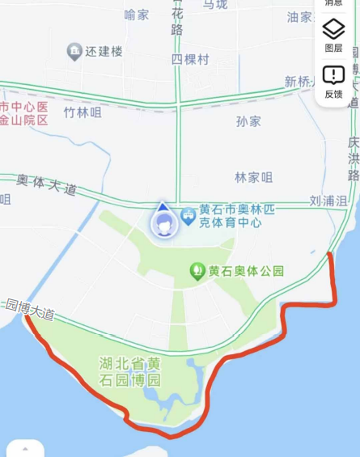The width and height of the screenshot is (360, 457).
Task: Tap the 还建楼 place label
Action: (x=106, y=51)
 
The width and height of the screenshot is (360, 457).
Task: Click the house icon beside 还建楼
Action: (x=74, y=51)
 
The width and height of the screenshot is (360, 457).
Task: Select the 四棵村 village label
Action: (x=191, y=60)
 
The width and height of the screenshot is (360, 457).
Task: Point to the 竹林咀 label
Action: (x=83, y=112)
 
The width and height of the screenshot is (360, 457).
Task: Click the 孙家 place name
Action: (x=248, y=121)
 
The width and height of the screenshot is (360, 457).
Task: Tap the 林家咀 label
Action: (x=253, y=177)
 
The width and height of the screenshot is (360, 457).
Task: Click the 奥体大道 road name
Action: (x=46, y=184)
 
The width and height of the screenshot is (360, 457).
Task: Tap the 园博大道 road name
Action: (x=29, y=308)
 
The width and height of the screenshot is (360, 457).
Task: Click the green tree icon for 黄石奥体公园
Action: (x=197, y=271)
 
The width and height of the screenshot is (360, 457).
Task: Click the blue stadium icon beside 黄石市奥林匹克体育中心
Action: (x=188, y=215)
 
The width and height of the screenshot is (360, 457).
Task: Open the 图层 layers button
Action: (x=333, y=35)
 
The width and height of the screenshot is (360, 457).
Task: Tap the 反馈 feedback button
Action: (x=333, y=81)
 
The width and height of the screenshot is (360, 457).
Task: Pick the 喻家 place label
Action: (x=137, y=15)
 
